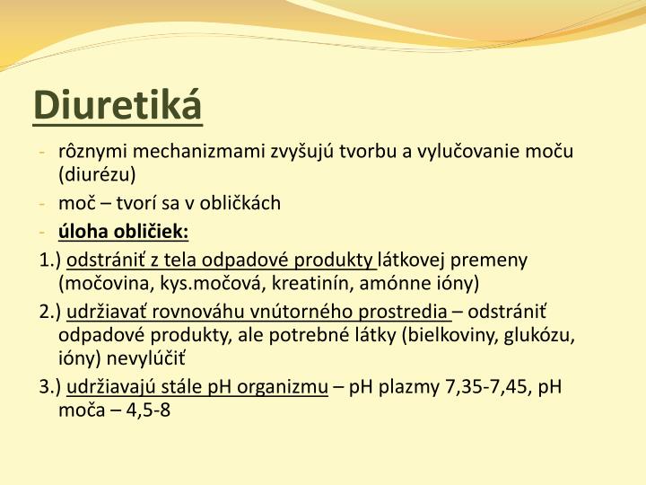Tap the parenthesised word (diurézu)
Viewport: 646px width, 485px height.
tap(96, 173)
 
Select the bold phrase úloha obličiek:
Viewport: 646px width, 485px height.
tap(123, 232)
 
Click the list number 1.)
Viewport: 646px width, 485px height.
tap(51, 260)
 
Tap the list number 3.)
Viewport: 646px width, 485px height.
tap(51, 387)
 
